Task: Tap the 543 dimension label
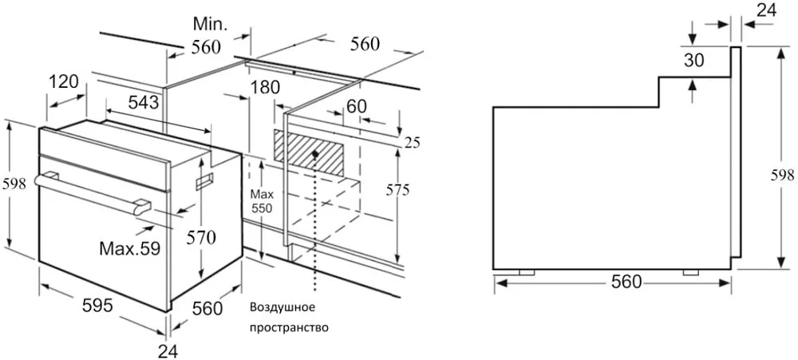pos(143,103)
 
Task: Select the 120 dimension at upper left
pos(64,81)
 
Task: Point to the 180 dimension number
pos(265,88)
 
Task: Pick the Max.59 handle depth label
pos(130,248)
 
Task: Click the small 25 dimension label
pos(413,143)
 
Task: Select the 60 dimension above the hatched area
pos(356,106)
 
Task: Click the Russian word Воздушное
pos(282,308)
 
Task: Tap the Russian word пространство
pos(289,328)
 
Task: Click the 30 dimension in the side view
pos(693,60)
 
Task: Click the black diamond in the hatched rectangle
pos(316,153)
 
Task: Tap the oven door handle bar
pos(93,192)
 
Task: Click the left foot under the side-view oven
pos(526,272)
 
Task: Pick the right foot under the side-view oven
pos(690,272)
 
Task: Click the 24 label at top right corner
pos(766,10)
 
